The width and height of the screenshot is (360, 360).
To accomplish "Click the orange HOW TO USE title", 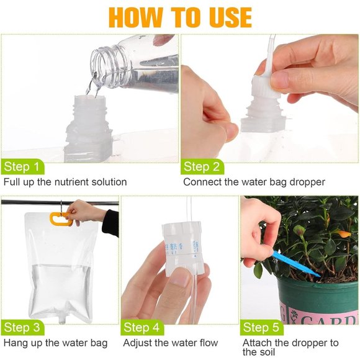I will coord(179,17).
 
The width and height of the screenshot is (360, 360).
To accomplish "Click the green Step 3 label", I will coord(23,327).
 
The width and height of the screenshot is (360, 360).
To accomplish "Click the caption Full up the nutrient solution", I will coord(65,182).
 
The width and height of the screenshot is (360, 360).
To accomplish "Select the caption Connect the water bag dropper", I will coord(254,182).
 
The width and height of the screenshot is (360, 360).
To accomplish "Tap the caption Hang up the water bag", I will coord(55,343).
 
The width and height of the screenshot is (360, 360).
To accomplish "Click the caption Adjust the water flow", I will coord(171,343).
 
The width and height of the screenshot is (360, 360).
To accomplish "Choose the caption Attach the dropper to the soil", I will coord(290,348).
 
